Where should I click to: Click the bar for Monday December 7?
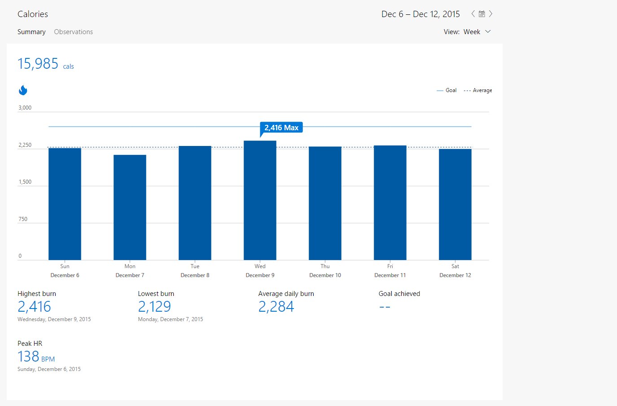(x=130, y=207)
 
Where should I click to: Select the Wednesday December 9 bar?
(x=260, y=200)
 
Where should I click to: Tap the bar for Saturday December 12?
(x=455, y=204)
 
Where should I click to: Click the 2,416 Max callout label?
(x=281, y=128)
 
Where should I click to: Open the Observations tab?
(x=73, y=32)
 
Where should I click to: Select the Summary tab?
(x=31, y=32)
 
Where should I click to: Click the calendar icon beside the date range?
(x=482, y=14)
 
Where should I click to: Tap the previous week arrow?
(x=473, y=14)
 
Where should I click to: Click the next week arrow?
(x=490, y=14)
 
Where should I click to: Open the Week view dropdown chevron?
(x=488, y=31)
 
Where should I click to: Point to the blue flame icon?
(x=23, y=90)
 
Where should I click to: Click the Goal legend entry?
(x=446, y=90)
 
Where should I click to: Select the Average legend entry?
(x=478, y=90)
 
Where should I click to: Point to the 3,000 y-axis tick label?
(x=25, y=107)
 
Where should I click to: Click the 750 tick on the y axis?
(x=23, y=219)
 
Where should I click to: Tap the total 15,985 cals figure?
(x=46, y=64)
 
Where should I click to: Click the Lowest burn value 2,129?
(x=154, y=307)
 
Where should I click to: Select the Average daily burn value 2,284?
(x=276, y=307)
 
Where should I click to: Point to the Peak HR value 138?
(x=28, y=357)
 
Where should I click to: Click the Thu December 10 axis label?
(x=325, y=271)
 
